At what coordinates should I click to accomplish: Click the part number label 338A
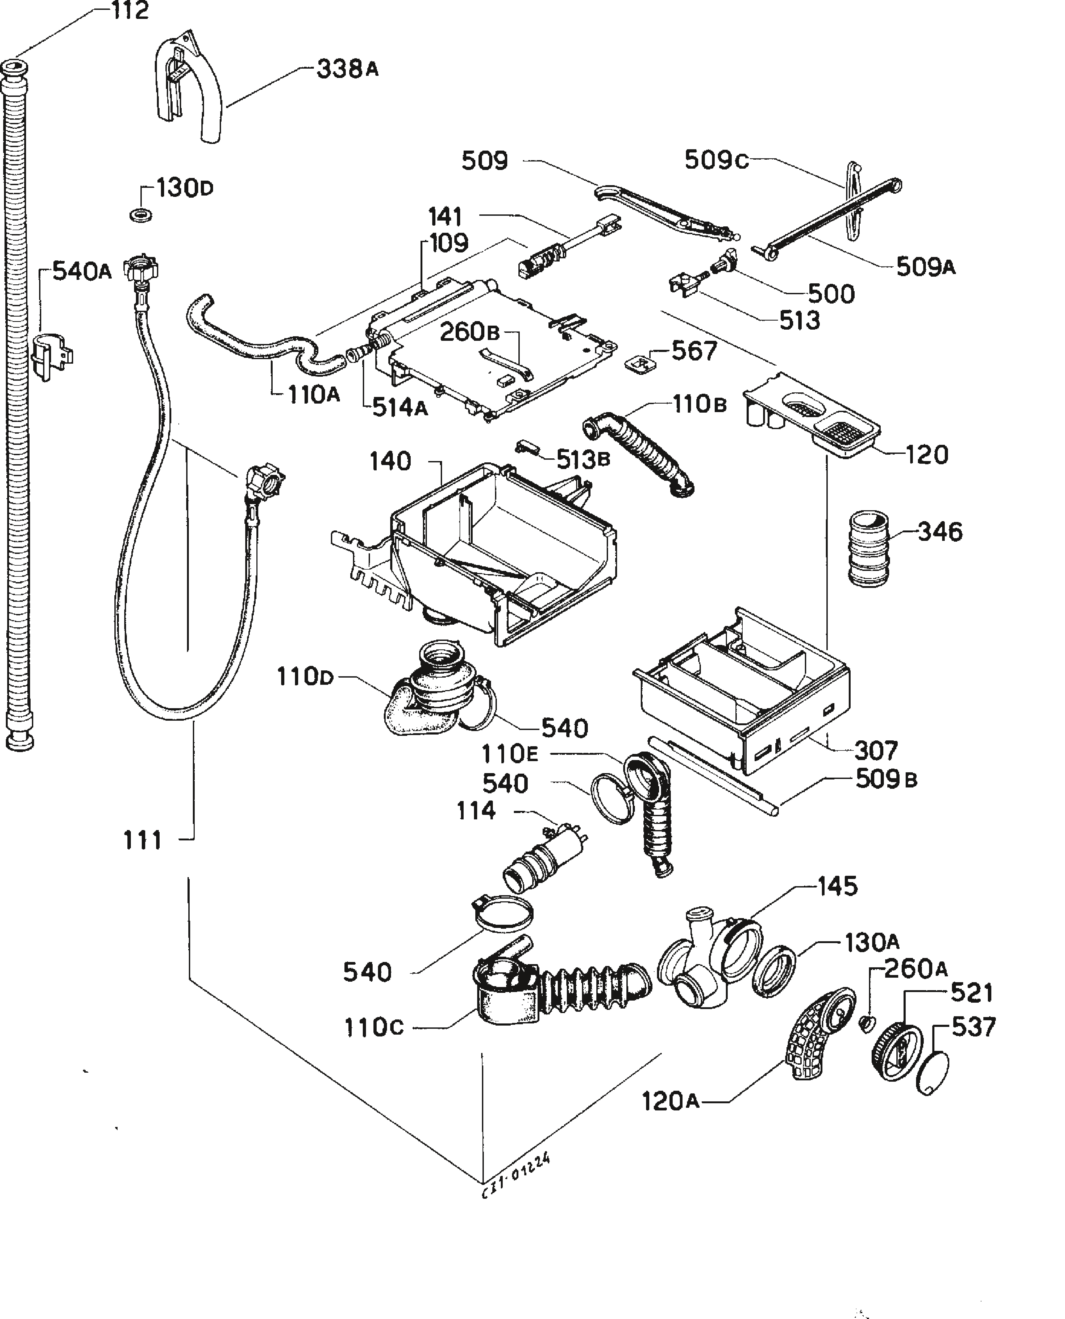click(347, 69)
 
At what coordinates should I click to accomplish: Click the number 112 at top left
click(130, 11)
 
